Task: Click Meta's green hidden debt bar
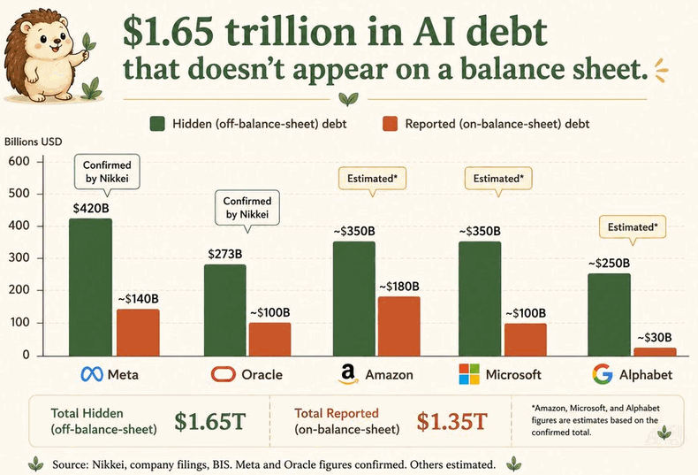point(90,287)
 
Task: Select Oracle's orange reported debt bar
point(269,339)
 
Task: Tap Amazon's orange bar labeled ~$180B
point(398,326)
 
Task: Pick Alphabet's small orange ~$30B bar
point(655,351)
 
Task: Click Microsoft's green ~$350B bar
point(480,299)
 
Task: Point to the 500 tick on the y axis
point(19,194)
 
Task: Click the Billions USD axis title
point(34,142)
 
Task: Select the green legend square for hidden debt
point(157,124)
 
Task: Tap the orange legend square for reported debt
point(390,124)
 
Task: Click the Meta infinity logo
point(92,374)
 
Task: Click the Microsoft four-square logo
point(469,374)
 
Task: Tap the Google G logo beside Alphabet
point(603,374)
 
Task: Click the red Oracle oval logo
point(223,374)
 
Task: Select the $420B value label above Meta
point(91,208)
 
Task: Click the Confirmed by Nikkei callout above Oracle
point(247,208)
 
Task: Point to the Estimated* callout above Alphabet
point(633,227)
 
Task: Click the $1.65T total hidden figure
point(210,421)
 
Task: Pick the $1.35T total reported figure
point(451,421)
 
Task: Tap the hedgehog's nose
point(56,41)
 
